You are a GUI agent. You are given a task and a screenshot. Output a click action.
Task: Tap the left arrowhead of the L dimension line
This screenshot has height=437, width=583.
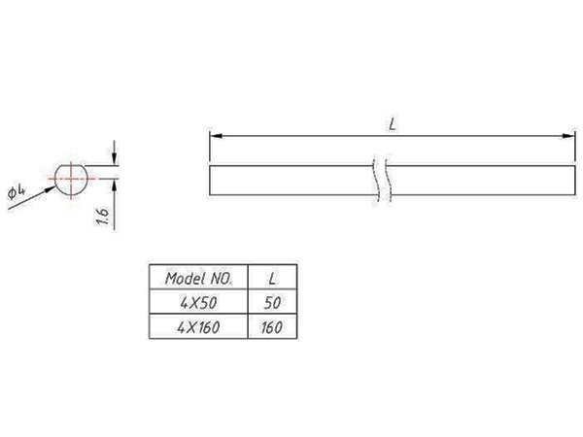click(x=215, y=137)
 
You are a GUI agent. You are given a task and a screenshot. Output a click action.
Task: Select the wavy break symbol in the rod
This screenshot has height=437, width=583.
click(x=381, y=182)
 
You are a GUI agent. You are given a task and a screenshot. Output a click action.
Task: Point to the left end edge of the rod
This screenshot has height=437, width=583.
click(x=210, y=182)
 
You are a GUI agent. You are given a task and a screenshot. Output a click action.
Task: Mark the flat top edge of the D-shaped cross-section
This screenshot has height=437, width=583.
click(x=72, y=165)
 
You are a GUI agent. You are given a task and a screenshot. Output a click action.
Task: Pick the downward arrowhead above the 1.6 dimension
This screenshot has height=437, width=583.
click(x=115, y=160)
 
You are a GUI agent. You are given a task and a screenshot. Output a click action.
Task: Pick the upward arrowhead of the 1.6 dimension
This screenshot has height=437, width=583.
click(x=115, y=184)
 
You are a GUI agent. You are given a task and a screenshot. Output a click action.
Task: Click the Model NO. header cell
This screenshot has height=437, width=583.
click(x=197, y=277)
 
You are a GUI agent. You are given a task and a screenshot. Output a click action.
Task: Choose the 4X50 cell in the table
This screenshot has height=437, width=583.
click(x=197, y=302)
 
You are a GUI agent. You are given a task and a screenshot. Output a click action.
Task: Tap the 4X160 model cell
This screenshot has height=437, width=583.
click(x=197, y=327)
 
